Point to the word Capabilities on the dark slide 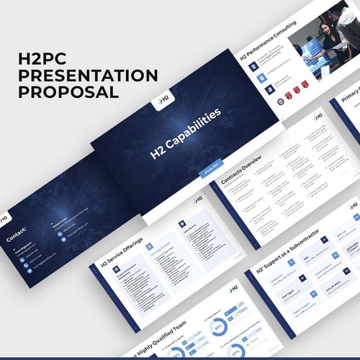click(194, 128)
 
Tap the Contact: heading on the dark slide click(15, 233)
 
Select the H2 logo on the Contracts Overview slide click(318, 116)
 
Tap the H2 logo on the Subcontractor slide click(354, 207)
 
